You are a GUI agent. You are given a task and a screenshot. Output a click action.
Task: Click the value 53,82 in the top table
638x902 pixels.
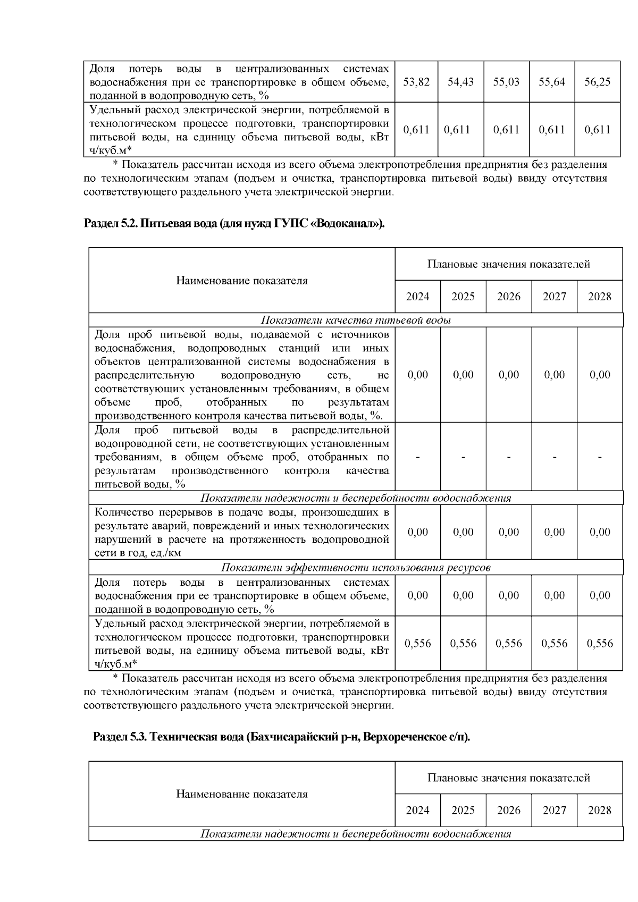pyautogui.click(x=416, y=82)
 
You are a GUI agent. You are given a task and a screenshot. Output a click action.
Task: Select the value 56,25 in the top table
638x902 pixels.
pyautogui.click(x=597, y=82)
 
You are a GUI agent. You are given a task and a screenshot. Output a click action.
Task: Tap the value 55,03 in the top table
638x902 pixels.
pyautogui.click(x=506, y=82)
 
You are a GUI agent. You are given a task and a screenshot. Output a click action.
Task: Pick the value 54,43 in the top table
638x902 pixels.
pyautogui.click(x=460, y=82)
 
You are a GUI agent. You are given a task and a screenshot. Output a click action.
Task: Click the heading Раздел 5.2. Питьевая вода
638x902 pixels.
pyautogui.click(x=234, y=224)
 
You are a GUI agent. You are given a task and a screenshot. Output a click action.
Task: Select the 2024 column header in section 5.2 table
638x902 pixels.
pyautogui.click(x=417, y=297)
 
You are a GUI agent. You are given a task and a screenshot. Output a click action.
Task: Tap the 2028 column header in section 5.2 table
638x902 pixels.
pyautogui.click(x=600, y=297)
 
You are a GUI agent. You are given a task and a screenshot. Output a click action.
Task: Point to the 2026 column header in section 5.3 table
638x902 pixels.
pyautogui.click(x=509, y=811)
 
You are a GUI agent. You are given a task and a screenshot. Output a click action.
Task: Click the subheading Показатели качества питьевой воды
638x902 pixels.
pyautogui.click(x=356, y=320)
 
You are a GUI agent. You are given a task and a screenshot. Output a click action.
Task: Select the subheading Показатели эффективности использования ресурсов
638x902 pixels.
pyautogui.click(x=356, y=567)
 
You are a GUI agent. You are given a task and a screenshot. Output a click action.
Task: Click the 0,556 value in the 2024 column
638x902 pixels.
pyautogui.click(x=417, y=644)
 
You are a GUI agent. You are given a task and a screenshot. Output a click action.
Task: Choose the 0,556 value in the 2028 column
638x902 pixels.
pyautogui.click(x=600, y=644)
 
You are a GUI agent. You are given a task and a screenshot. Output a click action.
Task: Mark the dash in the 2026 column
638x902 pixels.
pyautogui.click(x=509, y=457)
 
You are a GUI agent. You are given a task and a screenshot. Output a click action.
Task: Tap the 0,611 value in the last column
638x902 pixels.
pyautogui.click(x=597, y=130)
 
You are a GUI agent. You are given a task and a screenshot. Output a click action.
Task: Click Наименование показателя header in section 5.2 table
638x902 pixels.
pyautogui.click(x=242, y=281)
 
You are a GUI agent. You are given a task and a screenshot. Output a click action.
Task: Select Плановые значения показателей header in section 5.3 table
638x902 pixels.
pyautogui.click(x=509, y=778)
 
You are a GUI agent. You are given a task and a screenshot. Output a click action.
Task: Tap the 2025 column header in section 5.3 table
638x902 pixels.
pyautogui.click(x=463, y=811)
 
